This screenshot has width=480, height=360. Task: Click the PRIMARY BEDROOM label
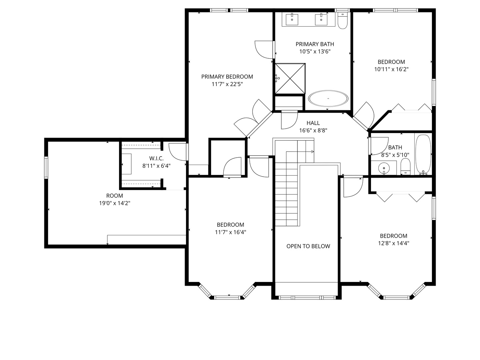pos(227,77)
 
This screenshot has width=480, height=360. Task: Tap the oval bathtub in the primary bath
pos(328,99)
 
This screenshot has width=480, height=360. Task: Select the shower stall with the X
pos(290,79)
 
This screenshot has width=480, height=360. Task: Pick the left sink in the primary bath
pos(292,19)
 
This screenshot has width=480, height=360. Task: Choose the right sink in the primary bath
pos(321,19)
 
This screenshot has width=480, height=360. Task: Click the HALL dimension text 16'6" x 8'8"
pos(313,131)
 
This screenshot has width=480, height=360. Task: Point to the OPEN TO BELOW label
pos(308,246)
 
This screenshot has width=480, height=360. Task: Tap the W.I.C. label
pos(156,158)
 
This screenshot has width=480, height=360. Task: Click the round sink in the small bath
pos(384,168)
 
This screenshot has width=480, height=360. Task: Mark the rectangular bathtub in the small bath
pos(423,154)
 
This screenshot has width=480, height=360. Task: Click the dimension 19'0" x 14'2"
pos(114,203)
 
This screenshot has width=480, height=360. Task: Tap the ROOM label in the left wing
pos(114,196)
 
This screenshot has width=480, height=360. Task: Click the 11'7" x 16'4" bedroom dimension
pos(230,232)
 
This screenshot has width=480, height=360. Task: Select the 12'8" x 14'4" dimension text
pos(393,243)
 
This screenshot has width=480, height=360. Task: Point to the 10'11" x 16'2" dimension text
pos(391,69)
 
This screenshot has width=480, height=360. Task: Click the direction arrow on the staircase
pos(312,152)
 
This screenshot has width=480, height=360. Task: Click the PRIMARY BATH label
pos(315,44)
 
